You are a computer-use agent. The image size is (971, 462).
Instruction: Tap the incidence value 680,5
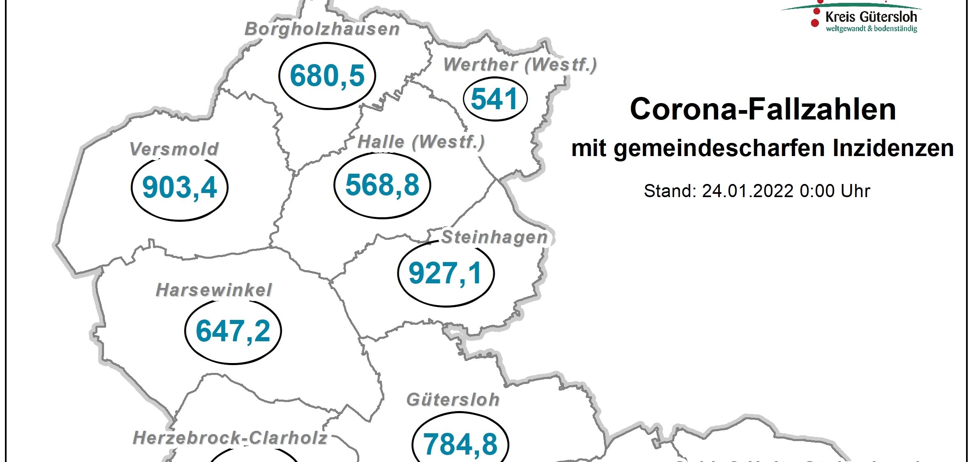point(327,76)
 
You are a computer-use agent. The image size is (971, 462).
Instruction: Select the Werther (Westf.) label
point(520,65)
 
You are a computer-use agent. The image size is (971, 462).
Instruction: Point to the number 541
point(495,99)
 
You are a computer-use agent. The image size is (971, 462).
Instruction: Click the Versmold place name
point(174,149)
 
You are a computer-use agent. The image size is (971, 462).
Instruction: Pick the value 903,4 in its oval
point(180,188)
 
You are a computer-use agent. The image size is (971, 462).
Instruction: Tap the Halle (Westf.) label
point(421,142)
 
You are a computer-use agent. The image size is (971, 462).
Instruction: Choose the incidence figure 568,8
point(382,185)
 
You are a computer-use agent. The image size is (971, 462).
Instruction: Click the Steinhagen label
point(495,237)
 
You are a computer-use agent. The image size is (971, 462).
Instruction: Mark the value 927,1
point(446,273)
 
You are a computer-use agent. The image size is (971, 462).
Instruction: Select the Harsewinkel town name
point(214,290)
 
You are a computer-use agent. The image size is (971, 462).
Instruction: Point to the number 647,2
point(233,331)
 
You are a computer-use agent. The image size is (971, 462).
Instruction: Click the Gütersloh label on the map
point(453,400)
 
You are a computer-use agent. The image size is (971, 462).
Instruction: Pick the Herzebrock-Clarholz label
point(230,438)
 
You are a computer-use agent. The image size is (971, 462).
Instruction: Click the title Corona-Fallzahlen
point(763,109)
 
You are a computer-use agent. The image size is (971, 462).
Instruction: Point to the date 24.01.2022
point(747,191)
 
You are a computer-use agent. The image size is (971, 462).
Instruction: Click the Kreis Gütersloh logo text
point(871,17)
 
